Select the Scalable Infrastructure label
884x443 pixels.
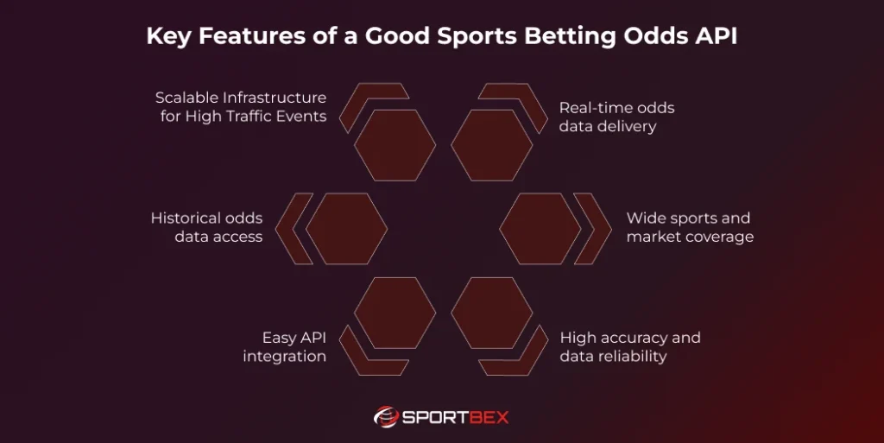point(241,106)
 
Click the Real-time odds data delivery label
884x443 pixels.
point(616,117)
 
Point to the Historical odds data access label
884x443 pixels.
point(206,227)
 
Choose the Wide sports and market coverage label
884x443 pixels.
point(690,227)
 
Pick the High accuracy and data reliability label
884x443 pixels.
point(630,346)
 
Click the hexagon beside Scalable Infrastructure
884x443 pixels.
point(395,145)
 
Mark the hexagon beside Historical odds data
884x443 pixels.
point(346,229)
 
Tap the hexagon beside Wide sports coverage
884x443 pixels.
point(540,229)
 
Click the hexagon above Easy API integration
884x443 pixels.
point(395,313)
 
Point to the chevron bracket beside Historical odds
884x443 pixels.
point(299,229)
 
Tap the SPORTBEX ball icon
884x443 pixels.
point(385,417)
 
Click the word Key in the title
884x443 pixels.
point(166,38)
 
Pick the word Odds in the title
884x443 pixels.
point(659,38)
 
